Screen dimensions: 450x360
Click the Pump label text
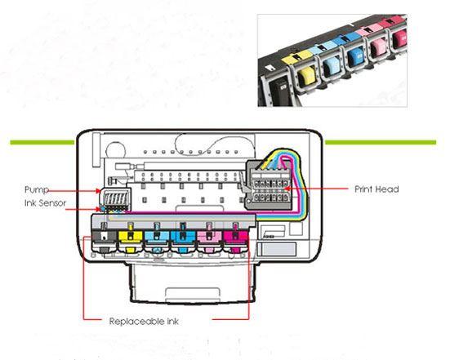click(x=37, y=190)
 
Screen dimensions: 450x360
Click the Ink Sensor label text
click(x=46, y=203)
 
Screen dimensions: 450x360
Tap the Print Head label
click(x=376, y=189)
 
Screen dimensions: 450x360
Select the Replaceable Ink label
click(x=144, y=322)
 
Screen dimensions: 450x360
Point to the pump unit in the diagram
click(x=115, y=198)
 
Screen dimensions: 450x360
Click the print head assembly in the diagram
click(x=270, y=184)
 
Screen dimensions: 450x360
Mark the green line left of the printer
click(x=42, y=142)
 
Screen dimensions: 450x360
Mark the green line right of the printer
click(x=381, y=142)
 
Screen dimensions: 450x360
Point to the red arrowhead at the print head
click(x=286, y=189)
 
